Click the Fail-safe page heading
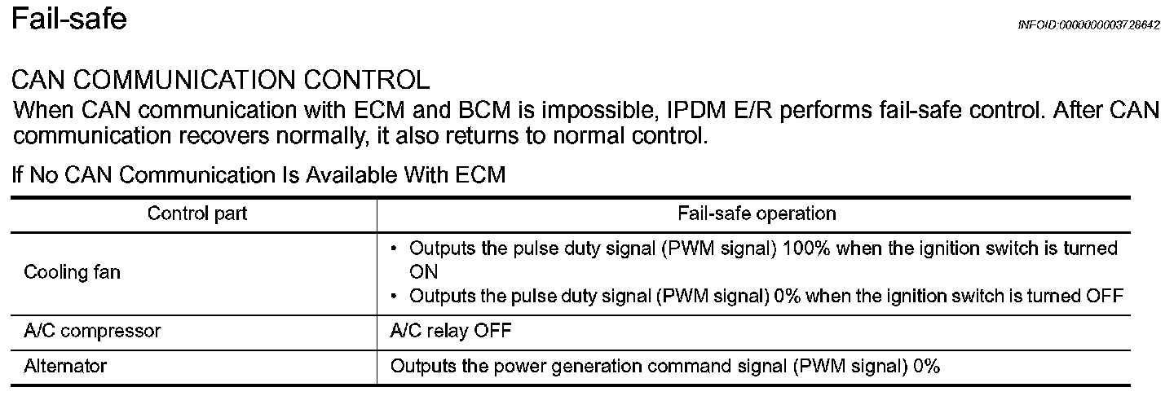(68, 18)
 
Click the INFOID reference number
(1088, 25)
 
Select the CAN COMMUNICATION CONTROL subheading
(221, 80)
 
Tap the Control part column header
(197, 213)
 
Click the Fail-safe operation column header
(757, 213)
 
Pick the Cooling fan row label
(72, 272)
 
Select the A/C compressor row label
(92, 331)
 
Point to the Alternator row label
(65, 367)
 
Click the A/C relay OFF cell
(452, 331)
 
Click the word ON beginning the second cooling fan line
(424, 271)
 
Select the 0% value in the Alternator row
(927, 367)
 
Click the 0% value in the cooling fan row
(787, 296)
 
